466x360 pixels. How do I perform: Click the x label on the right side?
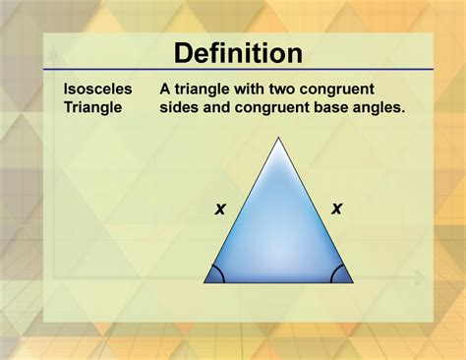coord(336,208)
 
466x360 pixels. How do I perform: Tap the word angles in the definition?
coord(378,106)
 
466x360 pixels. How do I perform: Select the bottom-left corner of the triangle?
coord(205,282)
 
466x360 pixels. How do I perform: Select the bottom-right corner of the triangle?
coord(351,282)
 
